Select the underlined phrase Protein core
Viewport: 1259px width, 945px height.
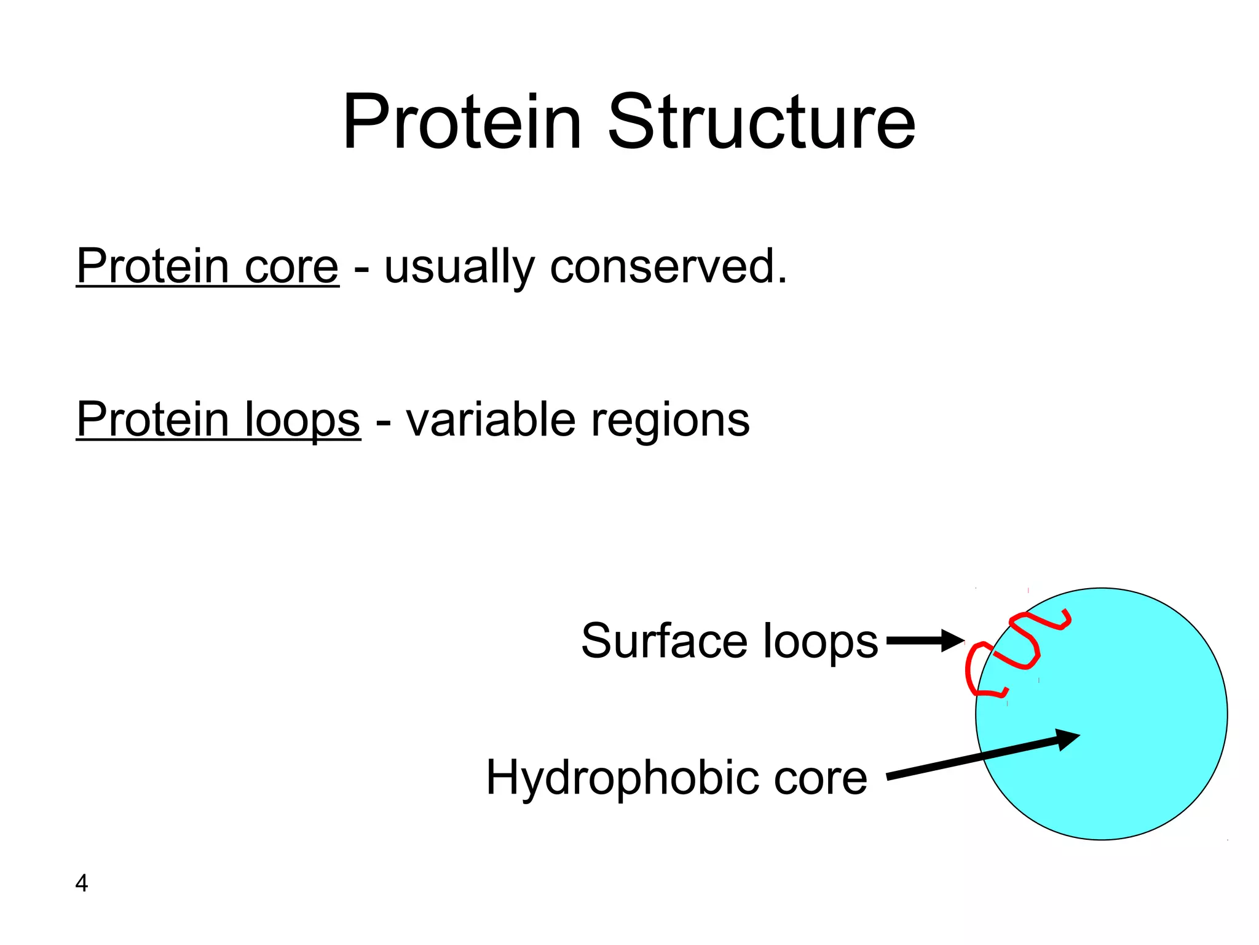[207, 267]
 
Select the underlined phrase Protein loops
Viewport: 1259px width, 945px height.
[218, 420]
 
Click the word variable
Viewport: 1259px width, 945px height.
[491, 420]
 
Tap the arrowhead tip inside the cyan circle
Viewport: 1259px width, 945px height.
[1078, 734]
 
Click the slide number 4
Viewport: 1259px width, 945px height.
[81, 883]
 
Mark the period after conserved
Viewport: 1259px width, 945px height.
[781, 282]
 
